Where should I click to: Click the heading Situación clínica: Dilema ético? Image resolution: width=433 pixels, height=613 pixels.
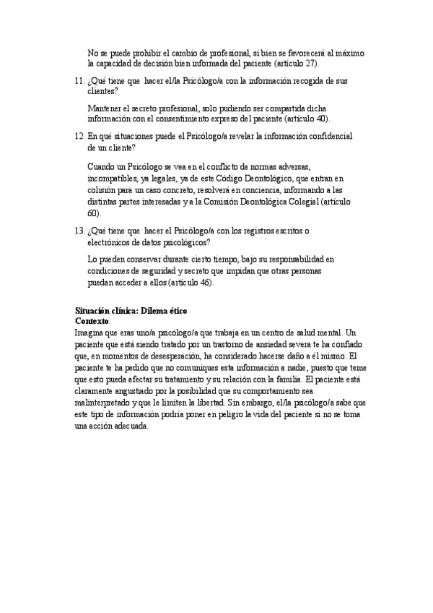coord(131,310)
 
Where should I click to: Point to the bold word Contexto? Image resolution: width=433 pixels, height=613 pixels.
coord(92,320)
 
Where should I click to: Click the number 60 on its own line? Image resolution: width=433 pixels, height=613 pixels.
coord(92,213)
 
